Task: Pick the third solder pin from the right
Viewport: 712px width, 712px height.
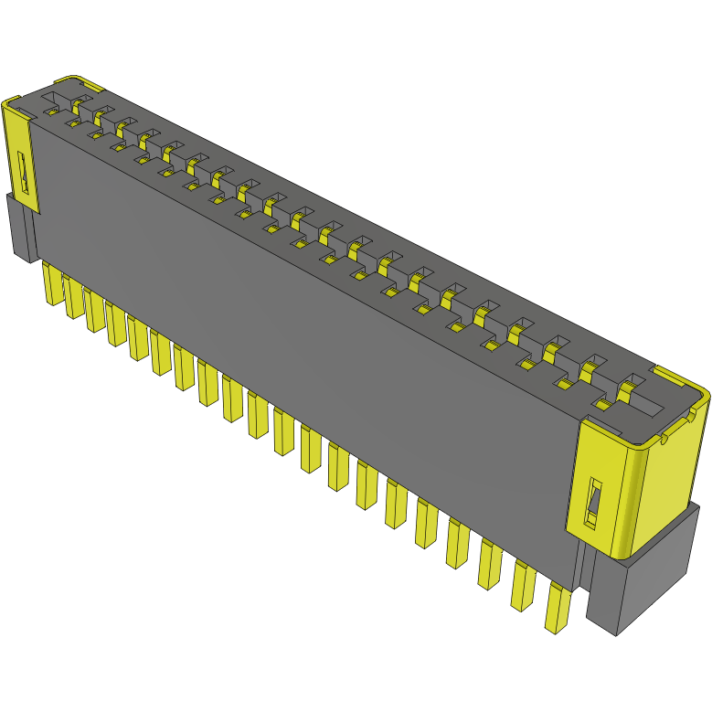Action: tap(488, 563)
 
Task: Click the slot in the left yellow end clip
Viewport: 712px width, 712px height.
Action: tap(25, 173)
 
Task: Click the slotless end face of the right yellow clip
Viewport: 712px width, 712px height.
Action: tap(673, 475)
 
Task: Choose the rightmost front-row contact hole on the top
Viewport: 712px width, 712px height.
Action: tap(602, 403)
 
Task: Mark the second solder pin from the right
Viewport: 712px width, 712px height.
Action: tap(524, 586)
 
